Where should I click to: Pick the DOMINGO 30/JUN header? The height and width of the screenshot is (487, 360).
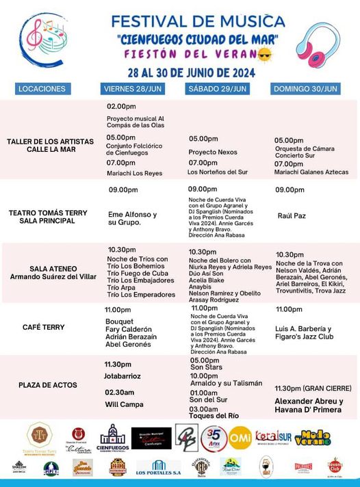pos(306,89)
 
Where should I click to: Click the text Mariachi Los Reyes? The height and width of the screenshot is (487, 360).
pos(135,173)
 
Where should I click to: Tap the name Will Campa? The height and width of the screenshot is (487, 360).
pos(124,404)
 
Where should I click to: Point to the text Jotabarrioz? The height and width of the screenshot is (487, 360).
pos(123,376)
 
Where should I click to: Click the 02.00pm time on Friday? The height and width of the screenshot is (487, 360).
pos(122,107)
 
